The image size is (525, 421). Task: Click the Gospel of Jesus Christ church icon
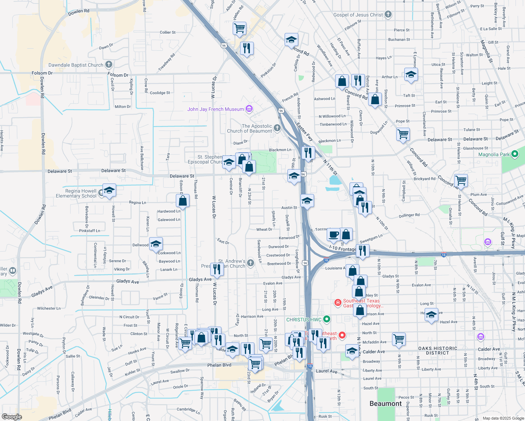click(388, 14)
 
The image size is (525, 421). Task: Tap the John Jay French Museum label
click(215, 109)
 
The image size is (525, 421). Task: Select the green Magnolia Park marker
click(515, 154)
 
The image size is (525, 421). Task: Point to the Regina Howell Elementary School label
click(76, 193)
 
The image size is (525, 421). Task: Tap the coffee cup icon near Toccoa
click(334, 234)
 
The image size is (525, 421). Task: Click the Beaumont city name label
click(385, 403)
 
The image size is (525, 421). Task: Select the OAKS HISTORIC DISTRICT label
click(438, 350)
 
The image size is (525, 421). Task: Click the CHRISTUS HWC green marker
click(327, 319)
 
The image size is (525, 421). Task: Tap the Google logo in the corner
click(12, 416)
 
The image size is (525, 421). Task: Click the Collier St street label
click(168, 32)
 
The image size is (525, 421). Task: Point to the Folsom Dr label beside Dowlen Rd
click(42, 73)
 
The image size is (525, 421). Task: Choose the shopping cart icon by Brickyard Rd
click(461, 180)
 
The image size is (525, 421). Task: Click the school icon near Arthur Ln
click(411, 75)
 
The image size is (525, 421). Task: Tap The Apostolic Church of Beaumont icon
click(277, 128)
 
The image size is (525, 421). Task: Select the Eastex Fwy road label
click(304, 132)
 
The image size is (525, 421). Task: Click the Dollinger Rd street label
click(409, 215)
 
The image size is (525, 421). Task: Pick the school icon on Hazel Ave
click(431, 315)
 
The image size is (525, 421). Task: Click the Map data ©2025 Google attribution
click(503, 418)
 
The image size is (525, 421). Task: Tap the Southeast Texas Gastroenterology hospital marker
click(338, 302)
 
